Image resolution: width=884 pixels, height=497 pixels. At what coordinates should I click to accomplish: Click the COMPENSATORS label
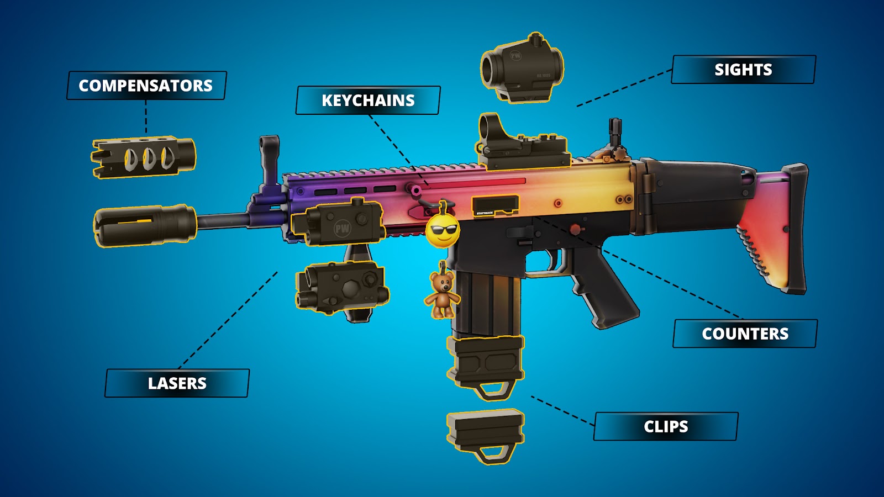point(146,85)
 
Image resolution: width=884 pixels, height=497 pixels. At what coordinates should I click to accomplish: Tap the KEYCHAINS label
point(368,100)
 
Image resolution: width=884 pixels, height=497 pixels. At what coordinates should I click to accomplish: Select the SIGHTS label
point(744,70)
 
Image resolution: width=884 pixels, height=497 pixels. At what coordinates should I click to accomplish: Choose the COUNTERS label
point(745,334)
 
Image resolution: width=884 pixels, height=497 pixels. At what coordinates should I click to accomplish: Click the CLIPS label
point(666,426)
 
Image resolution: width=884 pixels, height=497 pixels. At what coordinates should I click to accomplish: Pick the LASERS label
point(177,383)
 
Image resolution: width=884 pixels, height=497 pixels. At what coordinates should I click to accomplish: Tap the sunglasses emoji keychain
point(443,228)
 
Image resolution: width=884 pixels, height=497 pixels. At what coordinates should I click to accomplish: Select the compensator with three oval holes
point(144,157)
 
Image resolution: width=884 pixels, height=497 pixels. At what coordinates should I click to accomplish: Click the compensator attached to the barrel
point(145,225)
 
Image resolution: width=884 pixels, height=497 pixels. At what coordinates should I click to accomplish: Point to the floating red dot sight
point(522,68)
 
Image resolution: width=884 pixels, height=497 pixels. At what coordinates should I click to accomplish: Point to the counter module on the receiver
point(496,206)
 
